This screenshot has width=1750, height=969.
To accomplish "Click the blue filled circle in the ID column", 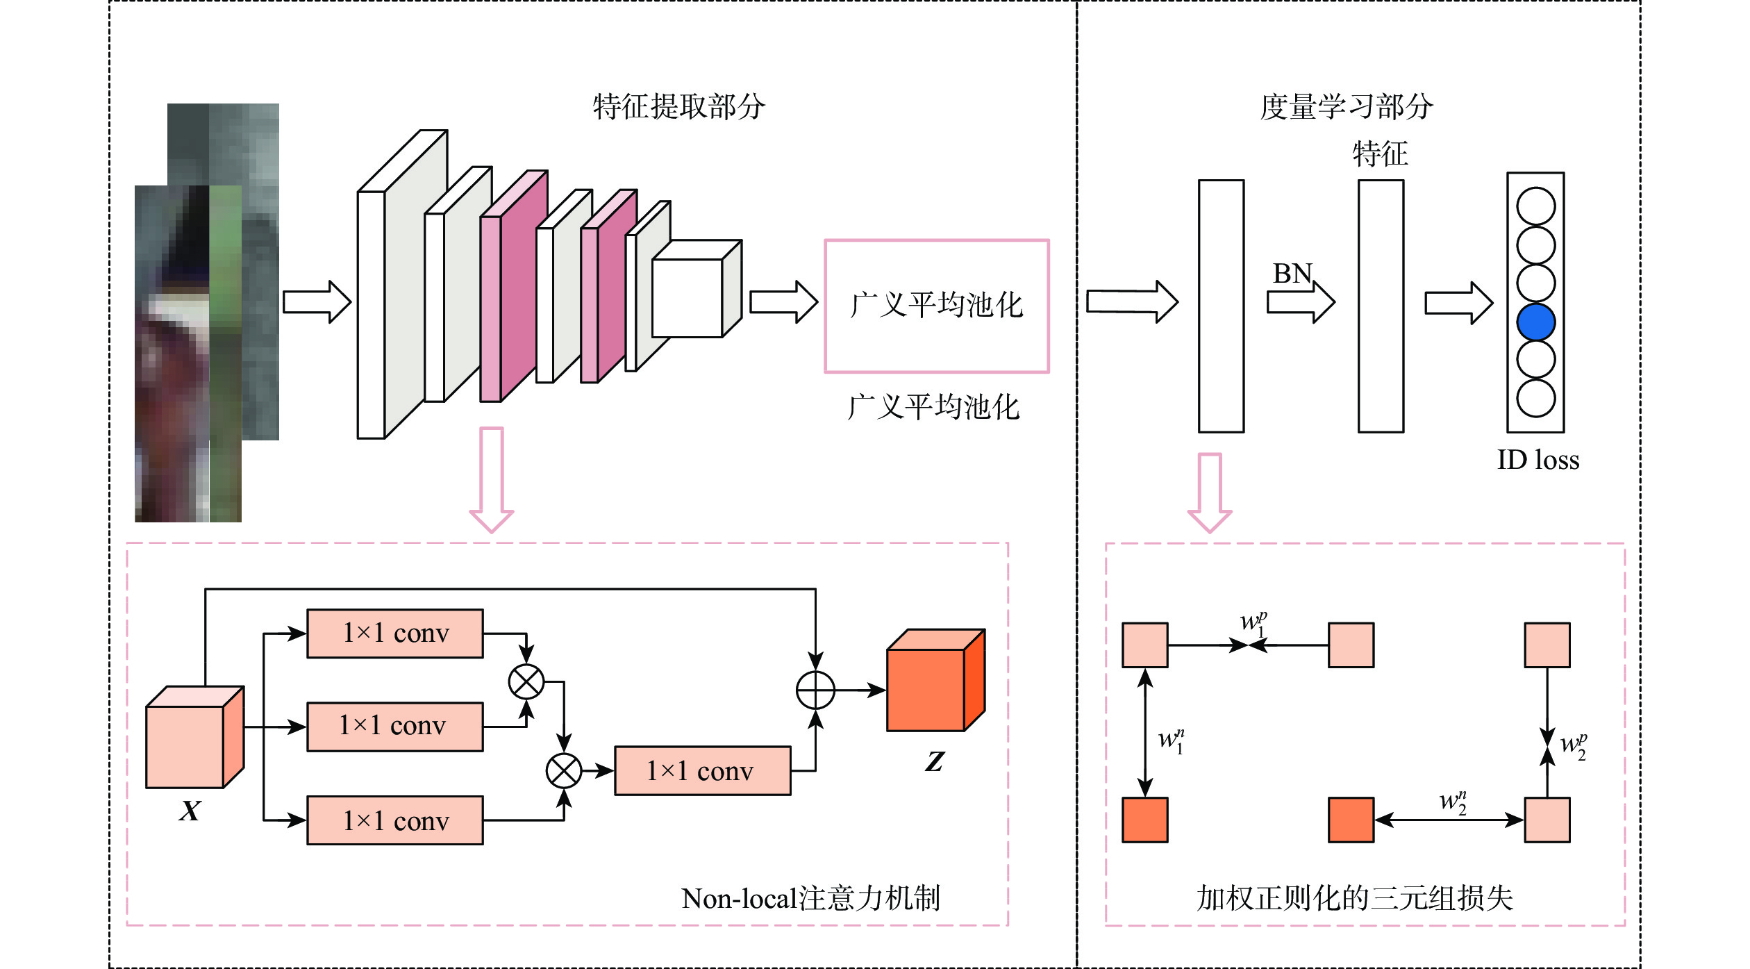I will point(1535,322).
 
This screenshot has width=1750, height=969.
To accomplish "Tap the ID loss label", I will point(1537,460).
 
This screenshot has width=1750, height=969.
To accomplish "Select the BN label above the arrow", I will point(1292,274).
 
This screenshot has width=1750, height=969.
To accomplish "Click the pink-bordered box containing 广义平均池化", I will point(936,306).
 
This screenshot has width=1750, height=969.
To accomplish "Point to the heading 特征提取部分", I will point(678,107).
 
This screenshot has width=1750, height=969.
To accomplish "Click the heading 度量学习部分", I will point(1347,107).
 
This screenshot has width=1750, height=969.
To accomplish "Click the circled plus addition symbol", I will point(815,690).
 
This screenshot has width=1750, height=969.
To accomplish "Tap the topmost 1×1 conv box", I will point(394,633).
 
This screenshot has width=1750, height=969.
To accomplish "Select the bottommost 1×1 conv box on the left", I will point(394,820).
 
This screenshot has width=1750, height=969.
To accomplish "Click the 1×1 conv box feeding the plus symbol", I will point(702,770).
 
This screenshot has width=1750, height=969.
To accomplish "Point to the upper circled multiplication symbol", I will point(526,681).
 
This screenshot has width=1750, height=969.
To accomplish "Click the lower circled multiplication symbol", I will point(563,770).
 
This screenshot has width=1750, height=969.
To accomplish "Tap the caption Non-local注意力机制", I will point(810,898).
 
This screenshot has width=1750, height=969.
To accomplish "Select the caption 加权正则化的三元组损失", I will point(1354,898).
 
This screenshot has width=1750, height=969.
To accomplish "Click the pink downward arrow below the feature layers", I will point(492,479).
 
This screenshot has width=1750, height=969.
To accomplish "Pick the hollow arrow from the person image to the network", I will point(317,302).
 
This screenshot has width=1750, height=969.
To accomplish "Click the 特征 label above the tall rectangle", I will point(1380,154).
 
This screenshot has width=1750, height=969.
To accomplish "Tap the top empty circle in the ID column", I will point(1535,206).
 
